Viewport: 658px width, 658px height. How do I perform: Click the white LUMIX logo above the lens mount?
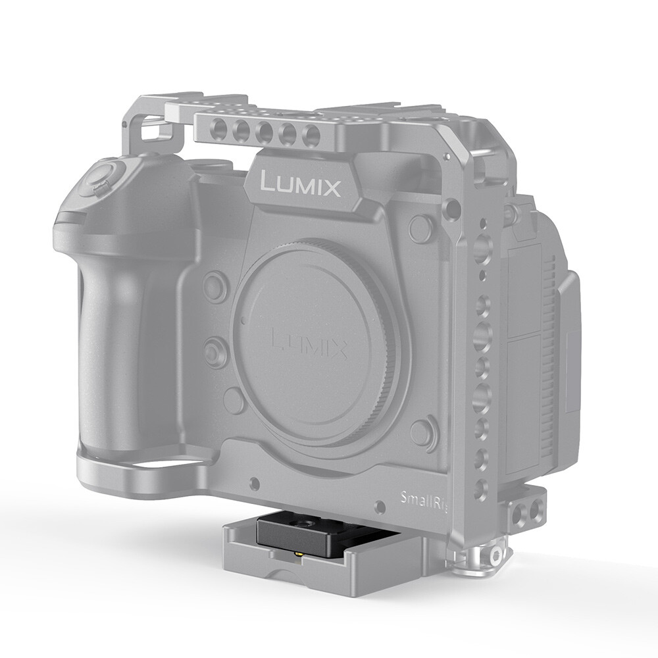301,184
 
